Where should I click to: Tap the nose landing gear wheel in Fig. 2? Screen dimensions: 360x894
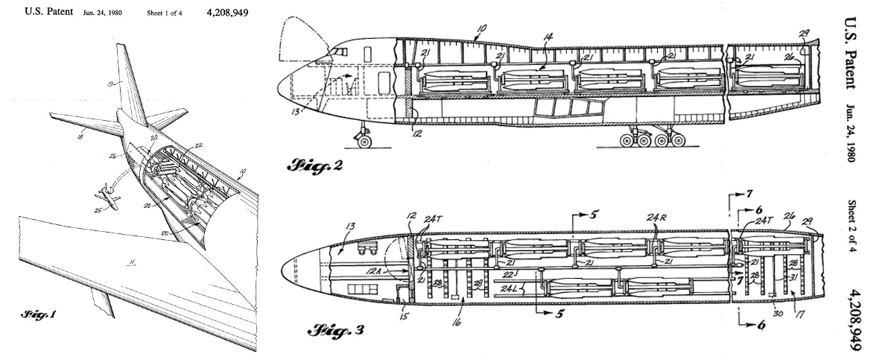(364, 140)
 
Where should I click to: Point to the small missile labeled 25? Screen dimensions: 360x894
(107, 198)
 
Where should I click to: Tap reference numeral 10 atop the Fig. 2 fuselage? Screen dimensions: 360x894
(481, 28)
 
